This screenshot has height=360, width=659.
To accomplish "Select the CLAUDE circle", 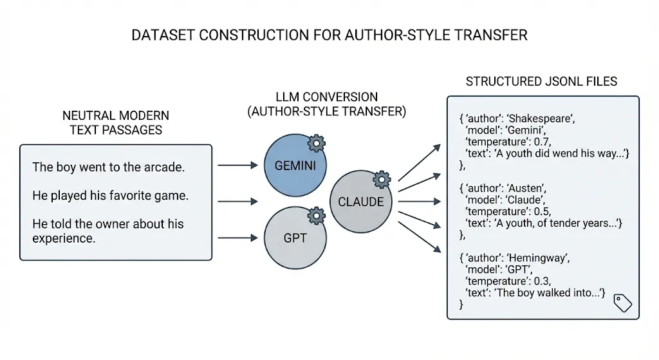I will tap(360, 202).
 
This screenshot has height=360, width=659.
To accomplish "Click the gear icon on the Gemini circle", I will tap(317, 143).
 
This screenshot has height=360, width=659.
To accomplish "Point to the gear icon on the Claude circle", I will tap(383, 179).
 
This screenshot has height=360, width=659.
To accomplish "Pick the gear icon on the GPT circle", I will tap(317, 214).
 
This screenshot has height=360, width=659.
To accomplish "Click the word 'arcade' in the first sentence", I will tap(165, 167).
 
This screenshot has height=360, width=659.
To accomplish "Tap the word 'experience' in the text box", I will tap(64, 238).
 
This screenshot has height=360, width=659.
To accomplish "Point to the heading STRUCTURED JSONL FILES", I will tap(541, 82).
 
